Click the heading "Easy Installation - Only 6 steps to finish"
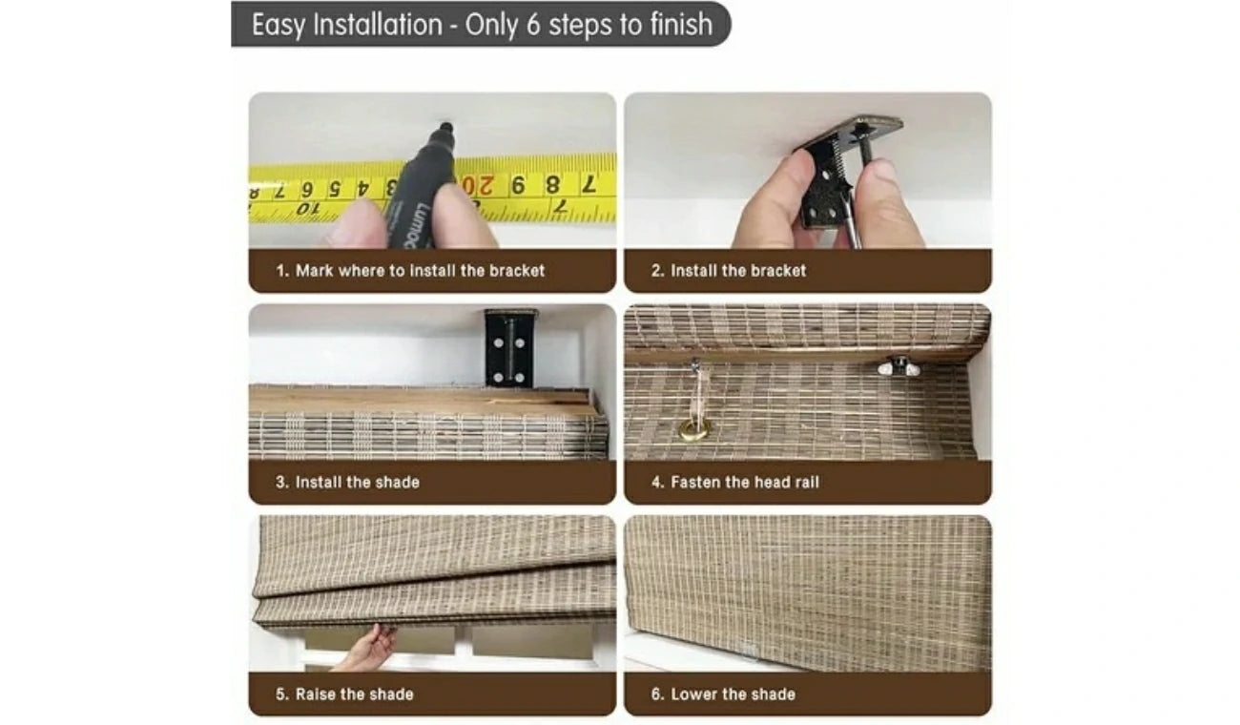(482, 25)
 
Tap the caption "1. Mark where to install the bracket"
(410, 271)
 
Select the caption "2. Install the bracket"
(729, 271)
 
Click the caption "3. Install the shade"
(347, 482)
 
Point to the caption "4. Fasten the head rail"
(735, 482)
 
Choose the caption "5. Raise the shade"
(344, 694)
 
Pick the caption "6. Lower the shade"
(723, 694)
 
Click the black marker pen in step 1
(423, 185)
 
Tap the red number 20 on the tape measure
(478, 186)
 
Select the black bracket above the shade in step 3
(510, 347)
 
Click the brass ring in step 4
(694, 429)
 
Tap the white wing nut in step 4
(899, 367)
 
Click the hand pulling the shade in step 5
(368, 648)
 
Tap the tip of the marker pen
(445, 125)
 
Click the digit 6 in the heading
(533, 25)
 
